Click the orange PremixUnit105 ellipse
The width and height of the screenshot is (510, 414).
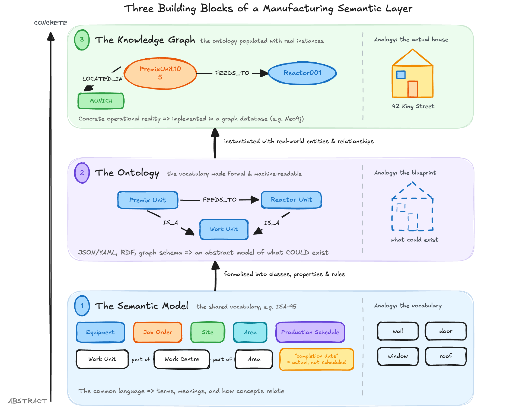click(160, 73)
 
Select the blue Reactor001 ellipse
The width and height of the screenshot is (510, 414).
click(302, 73)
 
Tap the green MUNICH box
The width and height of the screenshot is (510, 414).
click(101, 101)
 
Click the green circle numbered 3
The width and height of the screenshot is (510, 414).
click(82, 40)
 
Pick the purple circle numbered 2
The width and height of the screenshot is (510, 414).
click(82, 173)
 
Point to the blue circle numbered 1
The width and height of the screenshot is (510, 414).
click(82, 306)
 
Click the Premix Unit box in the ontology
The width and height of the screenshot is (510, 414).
click(148, 200)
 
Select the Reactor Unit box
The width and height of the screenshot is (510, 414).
click(291, 200)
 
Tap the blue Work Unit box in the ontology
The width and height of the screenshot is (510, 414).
click(224, 229)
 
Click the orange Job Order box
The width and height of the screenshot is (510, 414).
click(158, 332)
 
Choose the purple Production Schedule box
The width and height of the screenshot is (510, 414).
click(310, 332)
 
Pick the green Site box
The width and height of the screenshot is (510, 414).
click(208, 332)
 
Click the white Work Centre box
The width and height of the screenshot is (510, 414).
click(182, 359)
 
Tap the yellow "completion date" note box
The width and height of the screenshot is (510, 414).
click(317, 359)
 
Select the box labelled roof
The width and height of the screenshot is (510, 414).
click(446, 356)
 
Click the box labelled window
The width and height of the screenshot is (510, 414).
click(398, 356)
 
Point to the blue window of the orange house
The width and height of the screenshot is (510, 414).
click(401, 75)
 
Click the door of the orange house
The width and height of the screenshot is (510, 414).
click(413, 89)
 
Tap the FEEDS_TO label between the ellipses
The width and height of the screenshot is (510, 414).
click(232, 73)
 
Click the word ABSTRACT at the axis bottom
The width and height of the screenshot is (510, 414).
click(27, 401)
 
